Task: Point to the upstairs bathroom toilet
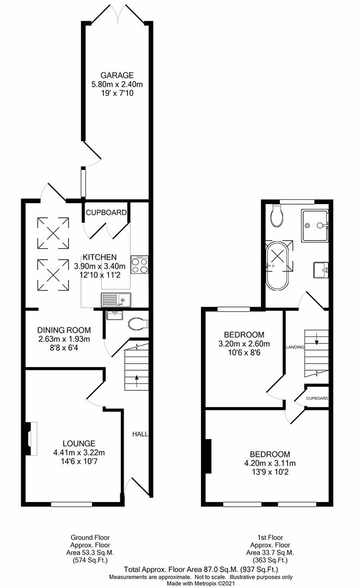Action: click(x=277, y=217)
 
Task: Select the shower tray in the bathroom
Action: click(x=315, y=224)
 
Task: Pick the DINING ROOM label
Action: click(x=64, y=330)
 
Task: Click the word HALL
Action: click(x=141, y=434)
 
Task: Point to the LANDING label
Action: click(x=294, y=346)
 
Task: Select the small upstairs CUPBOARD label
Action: click(x=316, y=399)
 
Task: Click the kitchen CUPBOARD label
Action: click(x=106, y=212)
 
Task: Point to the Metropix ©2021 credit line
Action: click(x=180, y=584)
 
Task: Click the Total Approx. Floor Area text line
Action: click(x=180, y=569)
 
